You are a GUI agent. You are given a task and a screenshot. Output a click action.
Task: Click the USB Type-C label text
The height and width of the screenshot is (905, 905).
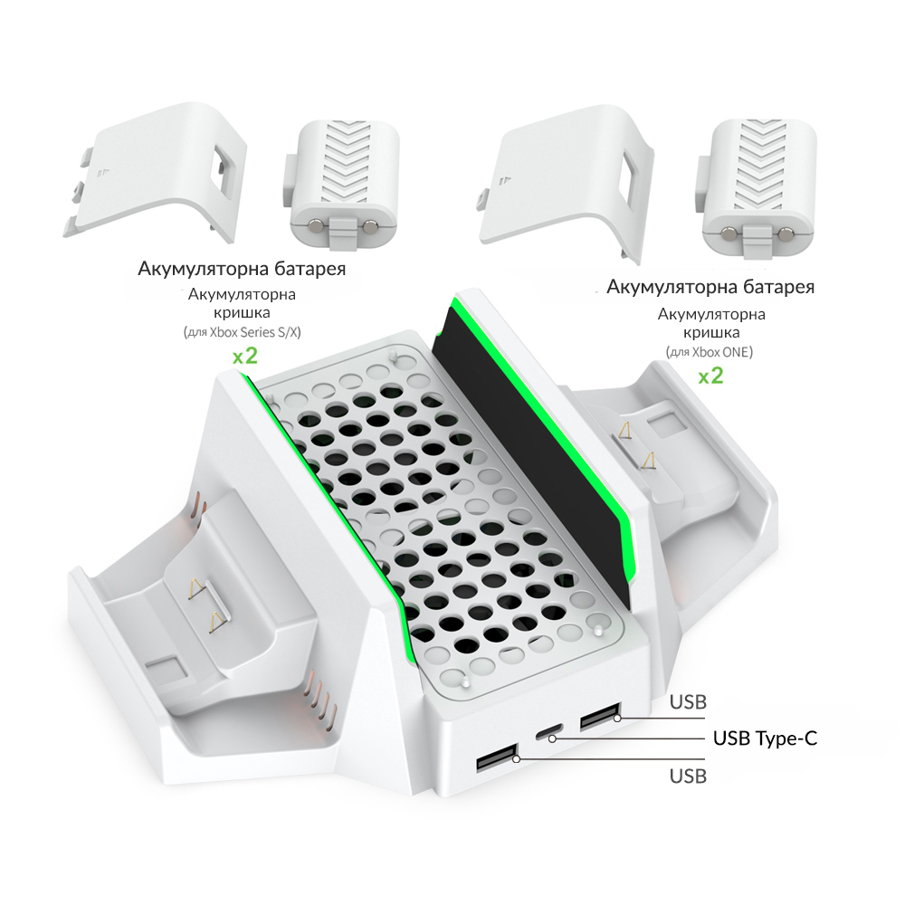(x=765, y=738)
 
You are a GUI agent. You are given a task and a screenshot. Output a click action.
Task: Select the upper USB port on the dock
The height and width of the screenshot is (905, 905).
(x=600, y=716)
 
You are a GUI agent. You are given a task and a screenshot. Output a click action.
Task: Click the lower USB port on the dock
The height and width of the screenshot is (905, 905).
(x=496, y=758)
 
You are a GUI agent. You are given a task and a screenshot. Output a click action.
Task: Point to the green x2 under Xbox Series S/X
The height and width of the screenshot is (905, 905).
(x=244, y=356)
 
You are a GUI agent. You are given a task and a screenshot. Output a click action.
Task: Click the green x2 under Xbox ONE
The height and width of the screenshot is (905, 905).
(x=710, y=376)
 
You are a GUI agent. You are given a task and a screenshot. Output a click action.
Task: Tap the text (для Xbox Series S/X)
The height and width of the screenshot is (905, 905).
(x=243, y=332)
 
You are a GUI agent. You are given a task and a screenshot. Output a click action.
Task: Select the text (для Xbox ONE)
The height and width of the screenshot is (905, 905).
(x=710, y=352)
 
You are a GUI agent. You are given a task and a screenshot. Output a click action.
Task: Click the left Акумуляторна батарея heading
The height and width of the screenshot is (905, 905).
(x=242, y=269)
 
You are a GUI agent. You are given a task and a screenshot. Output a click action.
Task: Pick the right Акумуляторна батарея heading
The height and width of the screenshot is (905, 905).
(x=710, y=287)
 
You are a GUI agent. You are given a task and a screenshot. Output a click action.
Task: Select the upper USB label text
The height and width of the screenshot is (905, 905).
(x=688, y=702)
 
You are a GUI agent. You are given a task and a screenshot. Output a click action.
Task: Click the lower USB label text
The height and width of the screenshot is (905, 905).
(x=688, y=776)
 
